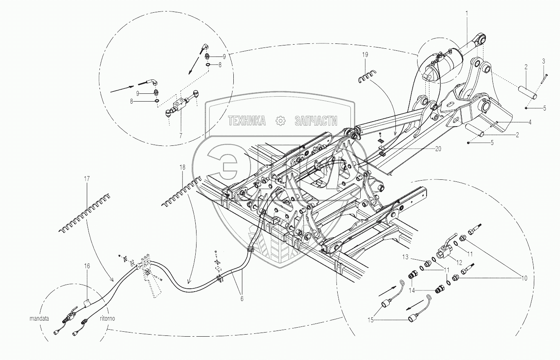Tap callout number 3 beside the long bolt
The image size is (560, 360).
coord(544,61)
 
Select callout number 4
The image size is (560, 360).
coord(530,122)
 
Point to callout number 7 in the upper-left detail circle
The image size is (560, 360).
coord(181,135)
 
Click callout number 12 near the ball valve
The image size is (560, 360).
coord(459,263)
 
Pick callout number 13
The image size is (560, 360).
coord(405,257)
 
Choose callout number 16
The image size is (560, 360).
coord(87,266)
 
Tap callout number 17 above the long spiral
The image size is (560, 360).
coord(87,179)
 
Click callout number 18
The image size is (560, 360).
coord(183,167)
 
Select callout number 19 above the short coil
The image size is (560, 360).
coord(365,55)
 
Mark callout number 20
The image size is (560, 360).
coord(438,149)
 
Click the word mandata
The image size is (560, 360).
coord(39,319)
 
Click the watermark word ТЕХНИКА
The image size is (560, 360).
coord(247,121)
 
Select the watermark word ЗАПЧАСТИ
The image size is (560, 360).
coord(316,121)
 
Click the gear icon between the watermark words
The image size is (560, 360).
coord(280,121)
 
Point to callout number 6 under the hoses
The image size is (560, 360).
coord(242,299)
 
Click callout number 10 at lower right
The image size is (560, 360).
coord(524,278)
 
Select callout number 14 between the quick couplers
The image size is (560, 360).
coord(411,290)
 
